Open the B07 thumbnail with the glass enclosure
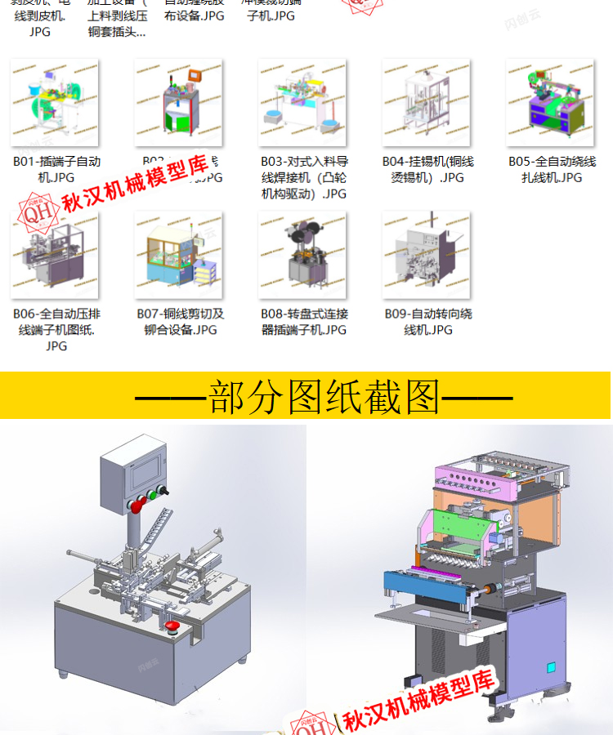(x=178, y=255)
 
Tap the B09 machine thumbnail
(x=426, y=255)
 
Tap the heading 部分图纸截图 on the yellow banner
(x=324, y=398)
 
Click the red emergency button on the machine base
(x=172, y=627)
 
